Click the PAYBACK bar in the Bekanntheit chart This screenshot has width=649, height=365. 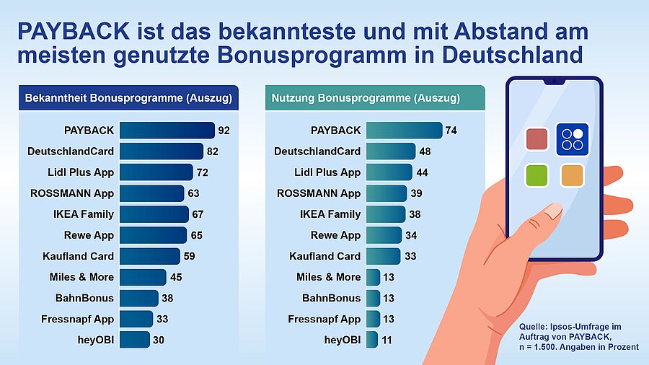[x=167, y=131]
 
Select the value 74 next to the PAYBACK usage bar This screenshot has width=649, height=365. [x=451, y=131]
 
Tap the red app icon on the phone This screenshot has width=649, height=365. [x=537, y=138]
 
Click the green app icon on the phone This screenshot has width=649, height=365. [x=537, y=175]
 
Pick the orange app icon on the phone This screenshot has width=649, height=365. [x=572, y=175]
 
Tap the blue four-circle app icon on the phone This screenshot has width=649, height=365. [x=572, y=138]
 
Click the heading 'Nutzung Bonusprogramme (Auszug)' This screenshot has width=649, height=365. [x=366, y=98]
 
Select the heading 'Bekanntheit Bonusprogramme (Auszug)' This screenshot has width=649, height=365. [x=128, y=98]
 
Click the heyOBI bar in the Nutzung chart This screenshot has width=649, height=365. [x=372, y=340]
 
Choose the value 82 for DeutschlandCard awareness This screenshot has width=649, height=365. [x=212, y=151]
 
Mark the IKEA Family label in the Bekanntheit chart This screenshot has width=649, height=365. [x=83, y=214]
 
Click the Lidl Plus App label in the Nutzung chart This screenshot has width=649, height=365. [x=327, y=172]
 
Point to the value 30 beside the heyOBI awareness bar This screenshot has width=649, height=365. [x=159, y=340]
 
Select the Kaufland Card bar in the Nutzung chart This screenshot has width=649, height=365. [x=383, y=256]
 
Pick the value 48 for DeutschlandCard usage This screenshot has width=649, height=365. [x=425, y=151]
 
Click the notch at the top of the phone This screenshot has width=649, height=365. [x=554, y=81]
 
